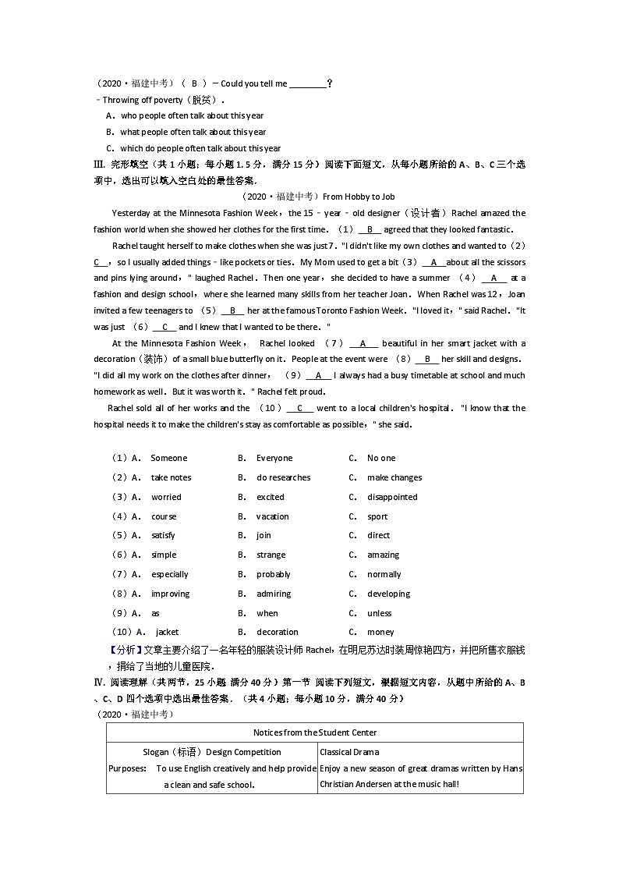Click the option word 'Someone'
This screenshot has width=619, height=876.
[169, 458]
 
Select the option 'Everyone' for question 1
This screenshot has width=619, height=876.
[274, 458]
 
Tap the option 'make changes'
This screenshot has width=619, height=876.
[394, 477]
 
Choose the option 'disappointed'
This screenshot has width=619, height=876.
[392, 497]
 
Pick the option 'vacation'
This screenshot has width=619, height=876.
[273, 516]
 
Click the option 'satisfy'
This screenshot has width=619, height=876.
[163, 535]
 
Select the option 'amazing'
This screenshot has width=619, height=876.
[383, 555]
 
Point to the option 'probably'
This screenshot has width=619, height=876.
[274, 574]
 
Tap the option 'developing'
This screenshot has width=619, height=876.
[388, 594]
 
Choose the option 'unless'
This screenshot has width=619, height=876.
[380, 613]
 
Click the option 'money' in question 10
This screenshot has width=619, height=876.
[380, 632]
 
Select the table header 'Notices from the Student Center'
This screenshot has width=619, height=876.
[315, 732]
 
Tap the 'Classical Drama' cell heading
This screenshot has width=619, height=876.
[349, 752]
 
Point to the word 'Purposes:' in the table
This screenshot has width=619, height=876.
[127, 768]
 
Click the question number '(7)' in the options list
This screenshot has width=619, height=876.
[120, 574]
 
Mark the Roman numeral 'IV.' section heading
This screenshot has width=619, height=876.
[99, 682]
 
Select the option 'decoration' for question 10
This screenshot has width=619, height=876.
[278, 632]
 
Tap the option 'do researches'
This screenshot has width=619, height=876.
[284, 477]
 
